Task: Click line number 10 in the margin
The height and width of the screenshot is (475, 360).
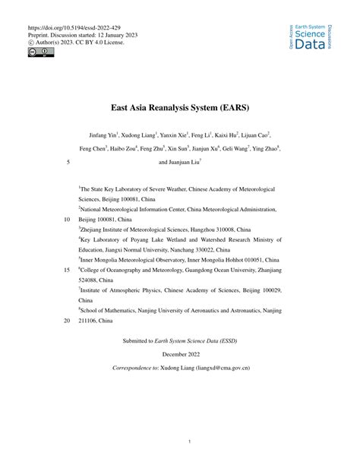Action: pyautogui.click(x=65, y=217)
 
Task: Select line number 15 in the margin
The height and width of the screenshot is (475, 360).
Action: pyautogui.click(x=65, y=270)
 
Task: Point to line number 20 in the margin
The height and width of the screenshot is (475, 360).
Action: pyautogui.click(x=65, y=321)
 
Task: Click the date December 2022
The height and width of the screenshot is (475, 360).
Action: pyautogui.click(x=180, y=354)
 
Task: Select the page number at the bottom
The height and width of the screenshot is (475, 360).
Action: pyautogui.click(x=180, y=441)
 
